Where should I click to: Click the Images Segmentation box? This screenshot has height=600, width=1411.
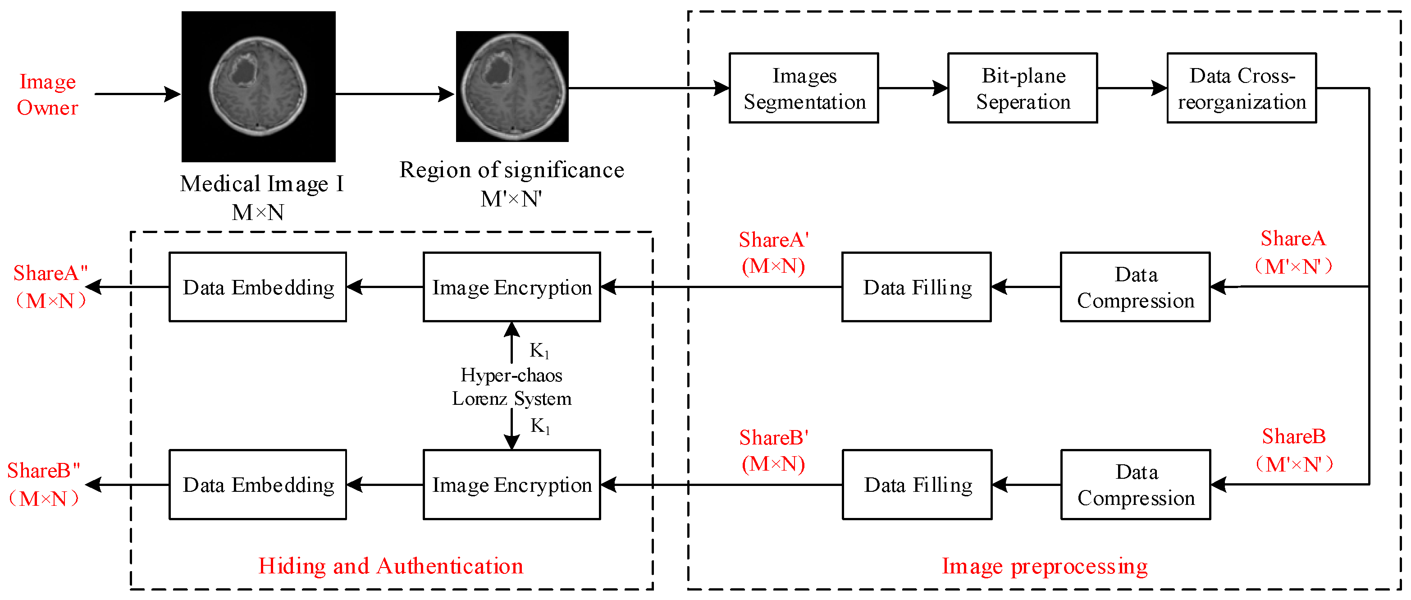tap(804, 88)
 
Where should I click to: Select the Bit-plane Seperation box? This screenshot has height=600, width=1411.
tap(1022, 88)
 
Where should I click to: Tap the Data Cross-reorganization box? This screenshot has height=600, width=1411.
tap(1241, 88)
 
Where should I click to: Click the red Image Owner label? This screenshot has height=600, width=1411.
tap(48, 95)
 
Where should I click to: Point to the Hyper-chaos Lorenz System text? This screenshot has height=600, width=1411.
tap(511, 387)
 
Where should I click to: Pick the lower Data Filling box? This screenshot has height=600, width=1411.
tap(917, 485)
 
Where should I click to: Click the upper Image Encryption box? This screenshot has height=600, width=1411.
tap(511, 287)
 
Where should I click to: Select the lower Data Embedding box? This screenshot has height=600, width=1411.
tap(257, 485)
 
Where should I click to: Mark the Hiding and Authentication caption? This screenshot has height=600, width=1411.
tap(391, 566)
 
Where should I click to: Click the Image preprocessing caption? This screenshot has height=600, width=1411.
tap(1045, 566)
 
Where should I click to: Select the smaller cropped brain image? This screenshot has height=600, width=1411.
tap(512, 87)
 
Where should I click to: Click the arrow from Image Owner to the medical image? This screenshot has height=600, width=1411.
tap(137, 94)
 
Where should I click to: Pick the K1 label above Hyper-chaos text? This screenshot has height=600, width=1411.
tap(539, 351)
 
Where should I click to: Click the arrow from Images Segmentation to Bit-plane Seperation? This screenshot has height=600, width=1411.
tap(913, 87)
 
